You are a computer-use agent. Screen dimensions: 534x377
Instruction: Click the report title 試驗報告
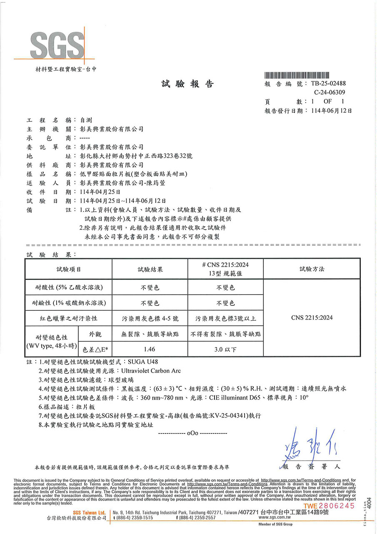click(187, 84)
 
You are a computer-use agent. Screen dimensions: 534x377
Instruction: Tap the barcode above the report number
click(305, 75)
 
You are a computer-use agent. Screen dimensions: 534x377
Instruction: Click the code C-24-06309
click(330, 93)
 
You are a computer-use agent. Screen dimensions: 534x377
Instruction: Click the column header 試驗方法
click(312, 270)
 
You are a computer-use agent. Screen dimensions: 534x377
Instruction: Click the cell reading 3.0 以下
click(225, 349)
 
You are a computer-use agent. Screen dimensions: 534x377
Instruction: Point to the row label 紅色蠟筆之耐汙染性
click(68, 318)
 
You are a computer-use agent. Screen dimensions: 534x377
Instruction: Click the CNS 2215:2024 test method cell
click(312, 318)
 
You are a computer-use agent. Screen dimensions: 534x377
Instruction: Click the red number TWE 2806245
click(330, 506)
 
